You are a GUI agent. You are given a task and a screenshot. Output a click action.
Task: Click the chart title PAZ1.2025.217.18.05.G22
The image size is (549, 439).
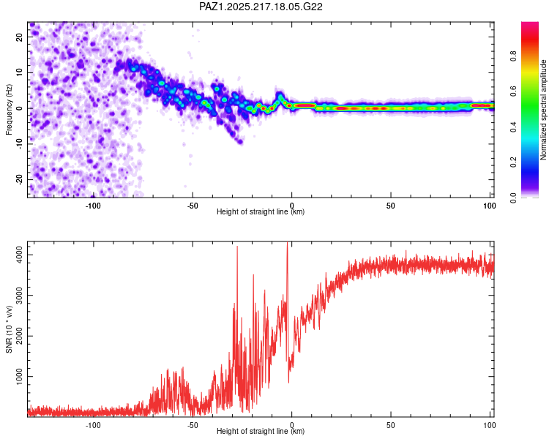point(261,7)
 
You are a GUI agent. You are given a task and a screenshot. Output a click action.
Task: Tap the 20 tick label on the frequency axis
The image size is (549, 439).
point(20,37)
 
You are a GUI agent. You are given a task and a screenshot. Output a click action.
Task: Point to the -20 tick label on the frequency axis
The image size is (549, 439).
point(20,179)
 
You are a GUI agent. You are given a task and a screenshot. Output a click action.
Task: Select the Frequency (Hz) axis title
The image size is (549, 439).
point(9,110)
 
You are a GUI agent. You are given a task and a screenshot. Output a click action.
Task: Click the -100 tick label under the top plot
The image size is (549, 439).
point(93,206)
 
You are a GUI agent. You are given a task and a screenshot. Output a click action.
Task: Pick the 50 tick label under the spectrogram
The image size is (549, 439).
point(390,206)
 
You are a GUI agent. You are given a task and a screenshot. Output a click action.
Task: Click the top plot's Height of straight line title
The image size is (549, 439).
point(261,211)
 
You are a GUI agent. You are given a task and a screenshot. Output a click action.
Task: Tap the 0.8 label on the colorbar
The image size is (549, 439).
point(513,56)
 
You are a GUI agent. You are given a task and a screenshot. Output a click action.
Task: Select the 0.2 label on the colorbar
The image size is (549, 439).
point(513,162)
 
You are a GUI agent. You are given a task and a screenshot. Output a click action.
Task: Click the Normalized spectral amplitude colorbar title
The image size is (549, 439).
point(543,110)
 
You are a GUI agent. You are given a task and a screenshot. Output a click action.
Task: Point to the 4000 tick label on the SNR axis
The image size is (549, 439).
point(20,255)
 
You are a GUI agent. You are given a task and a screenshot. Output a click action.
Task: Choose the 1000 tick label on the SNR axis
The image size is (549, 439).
point(20,376)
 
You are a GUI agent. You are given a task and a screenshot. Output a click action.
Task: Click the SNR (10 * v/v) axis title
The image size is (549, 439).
point(9,329)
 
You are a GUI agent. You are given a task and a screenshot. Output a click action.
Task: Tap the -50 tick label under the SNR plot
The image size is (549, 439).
point(193,425)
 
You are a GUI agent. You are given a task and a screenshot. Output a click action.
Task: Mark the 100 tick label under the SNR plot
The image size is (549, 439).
point(490,425)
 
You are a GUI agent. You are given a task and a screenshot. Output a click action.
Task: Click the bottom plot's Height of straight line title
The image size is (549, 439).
point(261,431)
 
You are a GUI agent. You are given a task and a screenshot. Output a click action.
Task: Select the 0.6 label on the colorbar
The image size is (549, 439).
point(513,91)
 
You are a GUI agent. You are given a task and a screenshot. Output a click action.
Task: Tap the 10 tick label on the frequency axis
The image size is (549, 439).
point(20,73)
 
